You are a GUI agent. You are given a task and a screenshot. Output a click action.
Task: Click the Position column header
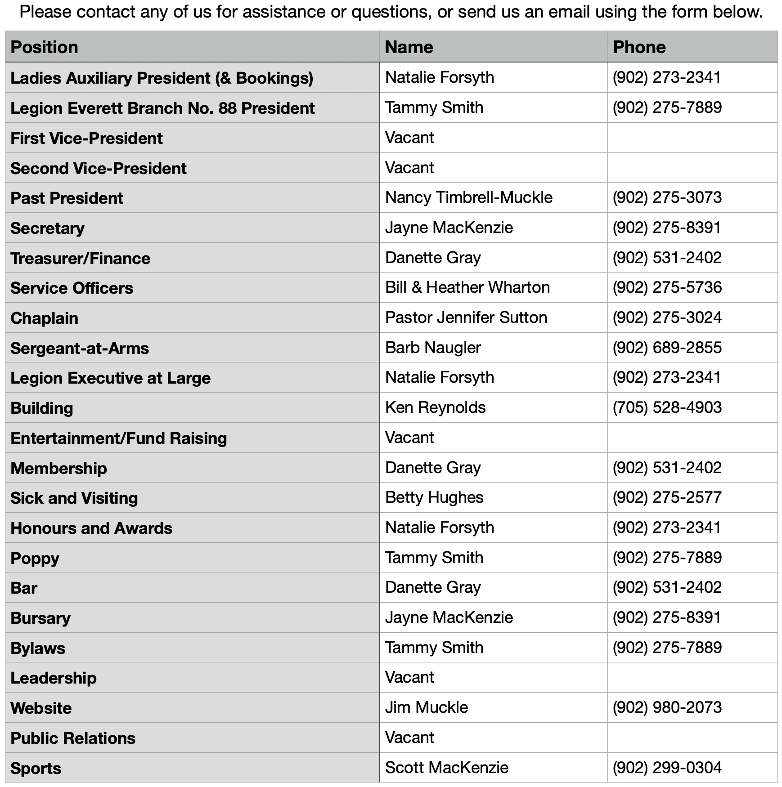(44, 47)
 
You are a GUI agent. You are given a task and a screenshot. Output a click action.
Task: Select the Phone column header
(639, 47)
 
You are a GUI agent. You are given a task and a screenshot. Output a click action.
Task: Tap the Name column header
(409, 47)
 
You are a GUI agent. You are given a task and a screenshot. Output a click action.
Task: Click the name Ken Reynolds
(435, 407)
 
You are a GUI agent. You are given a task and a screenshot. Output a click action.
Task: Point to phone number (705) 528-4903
(667, 407)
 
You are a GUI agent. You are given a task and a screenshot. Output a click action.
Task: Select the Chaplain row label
(44, 318)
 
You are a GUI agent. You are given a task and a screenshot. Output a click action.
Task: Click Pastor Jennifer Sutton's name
(466, 317)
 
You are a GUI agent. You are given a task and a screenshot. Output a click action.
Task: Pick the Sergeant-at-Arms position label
(80, 349)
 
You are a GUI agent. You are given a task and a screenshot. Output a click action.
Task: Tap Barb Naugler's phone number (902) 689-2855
(667, 348)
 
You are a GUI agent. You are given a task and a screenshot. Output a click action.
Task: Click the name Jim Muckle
(426, 707)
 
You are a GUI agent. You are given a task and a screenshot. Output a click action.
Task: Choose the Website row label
(41, 708)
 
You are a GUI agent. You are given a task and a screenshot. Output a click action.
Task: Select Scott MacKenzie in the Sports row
(446, 768)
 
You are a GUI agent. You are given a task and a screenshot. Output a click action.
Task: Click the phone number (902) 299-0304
(667, 768)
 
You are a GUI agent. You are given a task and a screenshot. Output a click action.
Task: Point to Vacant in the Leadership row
(409, 677)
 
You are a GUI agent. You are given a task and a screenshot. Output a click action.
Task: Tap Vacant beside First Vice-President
(409, 138)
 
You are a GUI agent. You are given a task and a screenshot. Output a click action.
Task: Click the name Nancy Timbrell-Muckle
(468, 197)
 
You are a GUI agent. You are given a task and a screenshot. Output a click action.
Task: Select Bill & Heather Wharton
(467, 287)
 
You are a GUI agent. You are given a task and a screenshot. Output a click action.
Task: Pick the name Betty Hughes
(434, 497)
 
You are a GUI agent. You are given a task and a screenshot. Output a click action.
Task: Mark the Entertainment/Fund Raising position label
(118, 438)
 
